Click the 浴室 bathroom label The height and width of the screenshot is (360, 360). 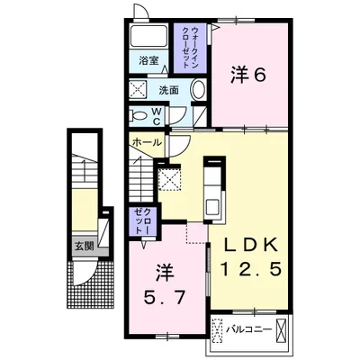coord(148,61)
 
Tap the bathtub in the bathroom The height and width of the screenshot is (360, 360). coord(148,36)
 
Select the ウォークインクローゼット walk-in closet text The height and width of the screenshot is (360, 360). coord(190,48)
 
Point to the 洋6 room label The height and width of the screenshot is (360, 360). coord(248,75)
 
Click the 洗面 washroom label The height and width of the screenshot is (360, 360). coord(168,90)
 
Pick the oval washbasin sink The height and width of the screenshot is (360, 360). coord(198,90)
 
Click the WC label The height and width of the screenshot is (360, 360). coord(157,116)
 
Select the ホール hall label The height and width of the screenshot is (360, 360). coord(147,142)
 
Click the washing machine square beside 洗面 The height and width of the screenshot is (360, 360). coord(138,89)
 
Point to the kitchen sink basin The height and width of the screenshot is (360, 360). coord(213,206)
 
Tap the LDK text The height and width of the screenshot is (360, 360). coord(250,247)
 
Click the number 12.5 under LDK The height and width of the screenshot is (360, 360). coord(251,268)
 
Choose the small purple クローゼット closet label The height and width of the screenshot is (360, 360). coord(143,221)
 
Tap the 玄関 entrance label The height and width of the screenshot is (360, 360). coord(85,247)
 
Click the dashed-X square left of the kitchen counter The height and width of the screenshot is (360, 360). coord(170,179)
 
